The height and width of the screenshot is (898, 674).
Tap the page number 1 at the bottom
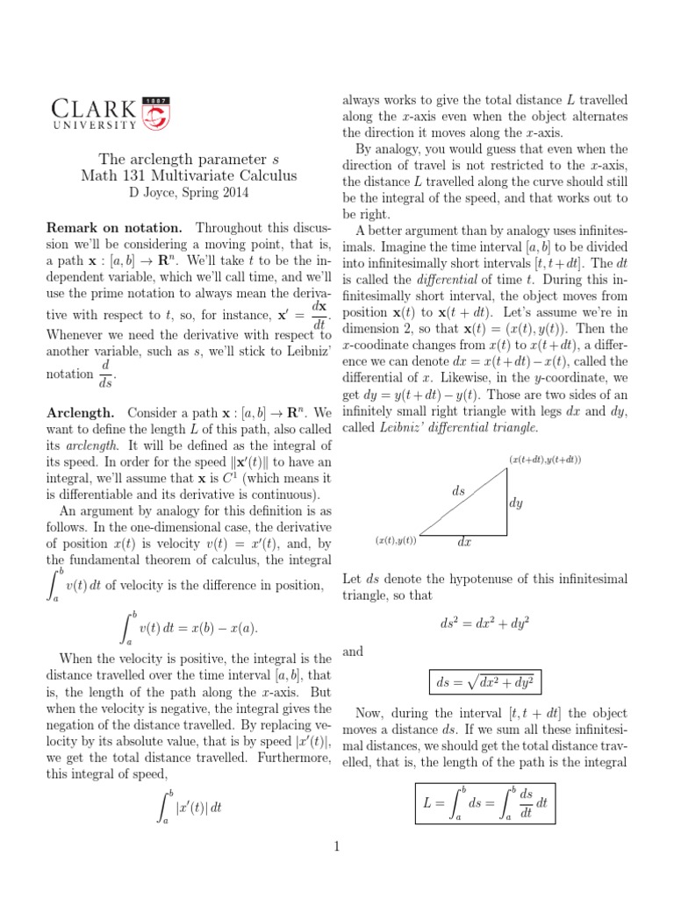(x=336, y=845)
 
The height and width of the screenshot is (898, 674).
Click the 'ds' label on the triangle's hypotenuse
(x=458, y=492)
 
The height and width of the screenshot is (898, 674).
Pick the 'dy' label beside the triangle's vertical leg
(x=517, y=503)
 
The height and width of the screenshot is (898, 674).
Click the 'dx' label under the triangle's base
(x=465, y=543)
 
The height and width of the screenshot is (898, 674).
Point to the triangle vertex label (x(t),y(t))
(x=395, y=540)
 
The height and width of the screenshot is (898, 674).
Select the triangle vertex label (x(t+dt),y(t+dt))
(x=544, y=460)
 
